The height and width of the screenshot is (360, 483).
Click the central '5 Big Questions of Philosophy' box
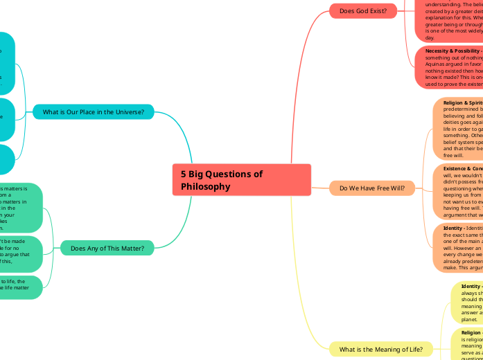241,180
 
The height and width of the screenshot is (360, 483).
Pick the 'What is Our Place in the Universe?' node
94,112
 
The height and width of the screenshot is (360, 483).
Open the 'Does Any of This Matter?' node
107,248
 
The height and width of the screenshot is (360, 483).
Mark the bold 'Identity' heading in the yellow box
471,286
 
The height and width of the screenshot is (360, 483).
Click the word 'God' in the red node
363,10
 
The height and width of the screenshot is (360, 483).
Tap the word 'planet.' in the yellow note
470,321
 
